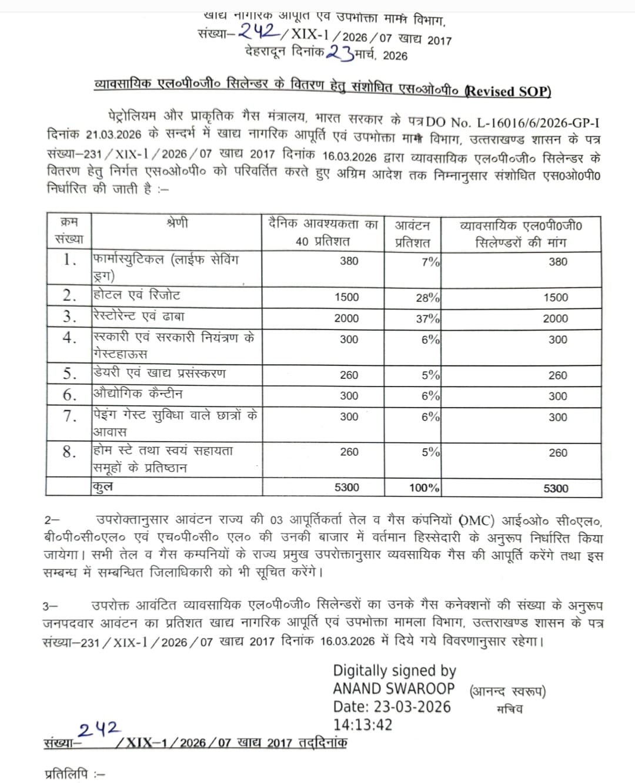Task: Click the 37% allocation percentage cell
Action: [427, 318]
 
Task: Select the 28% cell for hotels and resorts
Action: [427, 298]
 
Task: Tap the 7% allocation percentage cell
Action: [430, 262]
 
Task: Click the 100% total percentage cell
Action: [424, 488]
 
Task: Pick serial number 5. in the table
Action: [70, 374]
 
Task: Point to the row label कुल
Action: [102, 487]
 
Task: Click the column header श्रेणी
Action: [177, 223]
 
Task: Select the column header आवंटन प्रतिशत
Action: [412, 234]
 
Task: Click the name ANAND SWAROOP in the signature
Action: [394, 688]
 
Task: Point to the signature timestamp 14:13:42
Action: [362, 725]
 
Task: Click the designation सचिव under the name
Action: [509, 709]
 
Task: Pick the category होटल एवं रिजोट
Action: [136, 295]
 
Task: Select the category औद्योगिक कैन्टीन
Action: [138, 394]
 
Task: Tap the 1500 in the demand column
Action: [556, 298]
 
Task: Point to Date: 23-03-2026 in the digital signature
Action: [392, 707]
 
